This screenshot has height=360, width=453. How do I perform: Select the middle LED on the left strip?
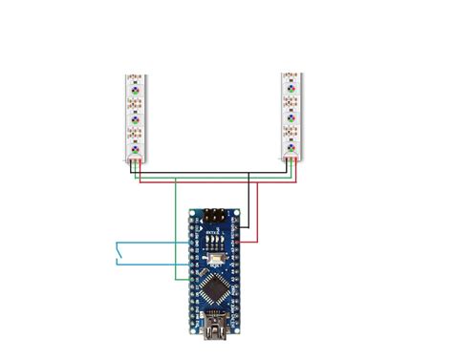point(135,121)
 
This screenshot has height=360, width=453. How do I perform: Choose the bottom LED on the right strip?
point(289,147)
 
